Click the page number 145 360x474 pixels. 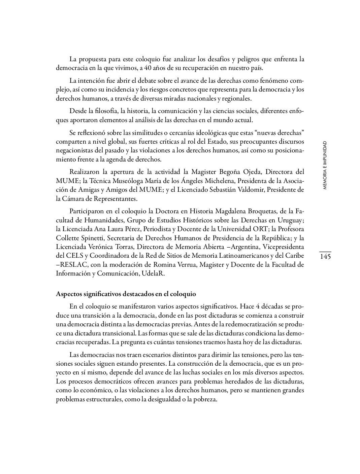point(325,257)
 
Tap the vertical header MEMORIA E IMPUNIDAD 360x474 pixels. point(325,165)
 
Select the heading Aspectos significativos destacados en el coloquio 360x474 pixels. point(126,294)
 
